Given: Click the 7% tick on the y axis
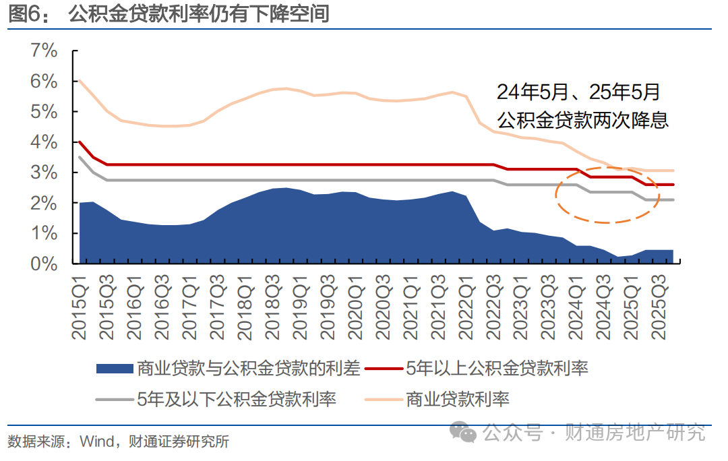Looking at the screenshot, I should pyautogui.click(x=43, y=51).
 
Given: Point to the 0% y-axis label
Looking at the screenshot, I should pyautogui.click(x=43, y=264).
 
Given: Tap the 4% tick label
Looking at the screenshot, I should pyautogui.click(x=43, y=142).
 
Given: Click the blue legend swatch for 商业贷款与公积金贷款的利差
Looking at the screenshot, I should pyautogui.click(x=114, y=368).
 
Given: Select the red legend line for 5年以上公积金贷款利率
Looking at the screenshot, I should pyautogui.click(x=384, y=368).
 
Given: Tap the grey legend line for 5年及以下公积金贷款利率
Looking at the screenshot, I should pyautogui.click(x=114, y=399).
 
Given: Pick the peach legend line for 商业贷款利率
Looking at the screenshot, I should pyautogui.click(x=384, y=399).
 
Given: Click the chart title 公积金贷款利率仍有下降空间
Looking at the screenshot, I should pyautogui.click(x=199, y=13).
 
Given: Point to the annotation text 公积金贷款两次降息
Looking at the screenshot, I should pyautogui.click(x=583, y=120).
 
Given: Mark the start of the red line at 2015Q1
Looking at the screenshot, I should pyautogui.click(x=80, y=142).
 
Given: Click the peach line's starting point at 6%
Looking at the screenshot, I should pyautogui.click(x=80, y=81).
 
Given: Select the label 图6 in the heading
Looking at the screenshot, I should pyautogui.click(x=26, y=13).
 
